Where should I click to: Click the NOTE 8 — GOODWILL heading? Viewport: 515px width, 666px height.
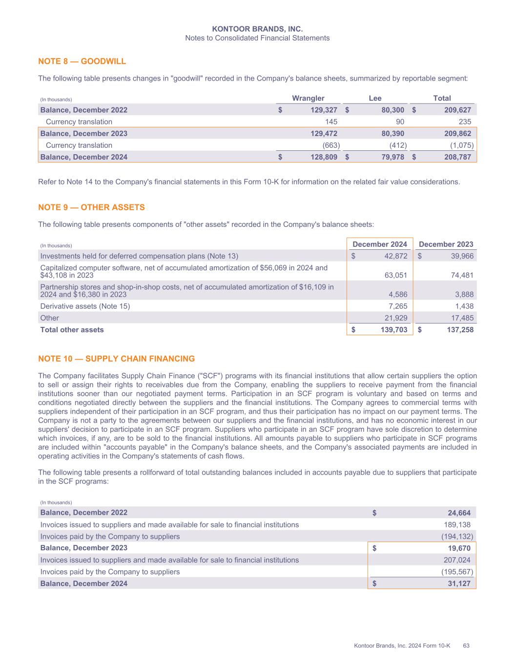click(82, 61)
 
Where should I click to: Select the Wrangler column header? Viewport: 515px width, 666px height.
click(308, 98)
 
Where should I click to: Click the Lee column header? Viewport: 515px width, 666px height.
click(375, 98)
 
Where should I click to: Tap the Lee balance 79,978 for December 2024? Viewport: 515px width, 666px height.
click(391, 157)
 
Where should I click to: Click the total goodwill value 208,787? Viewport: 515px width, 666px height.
click(457, 157)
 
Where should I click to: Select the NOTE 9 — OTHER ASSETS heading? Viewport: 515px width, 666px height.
click(91, 207)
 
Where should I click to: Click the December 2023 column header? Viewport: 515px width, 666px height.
click(446, 244)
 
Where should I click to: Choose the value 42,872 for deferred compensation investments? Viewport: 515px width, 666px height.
click(394, 256)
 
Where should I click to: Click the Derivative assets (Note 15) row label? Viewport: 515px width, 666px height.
click(85, 306)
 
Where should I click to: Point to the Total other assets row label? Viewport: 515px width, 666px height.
click(72, 330)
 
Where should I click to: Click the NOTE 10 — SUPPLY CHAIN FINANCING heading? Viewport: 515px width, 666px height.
click(116, 359)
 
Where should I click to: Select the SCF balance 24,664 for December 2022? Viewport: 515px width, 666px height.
click(459, 513)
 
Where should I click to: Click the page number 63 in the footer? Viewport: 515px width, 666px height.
click(466, 646)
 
